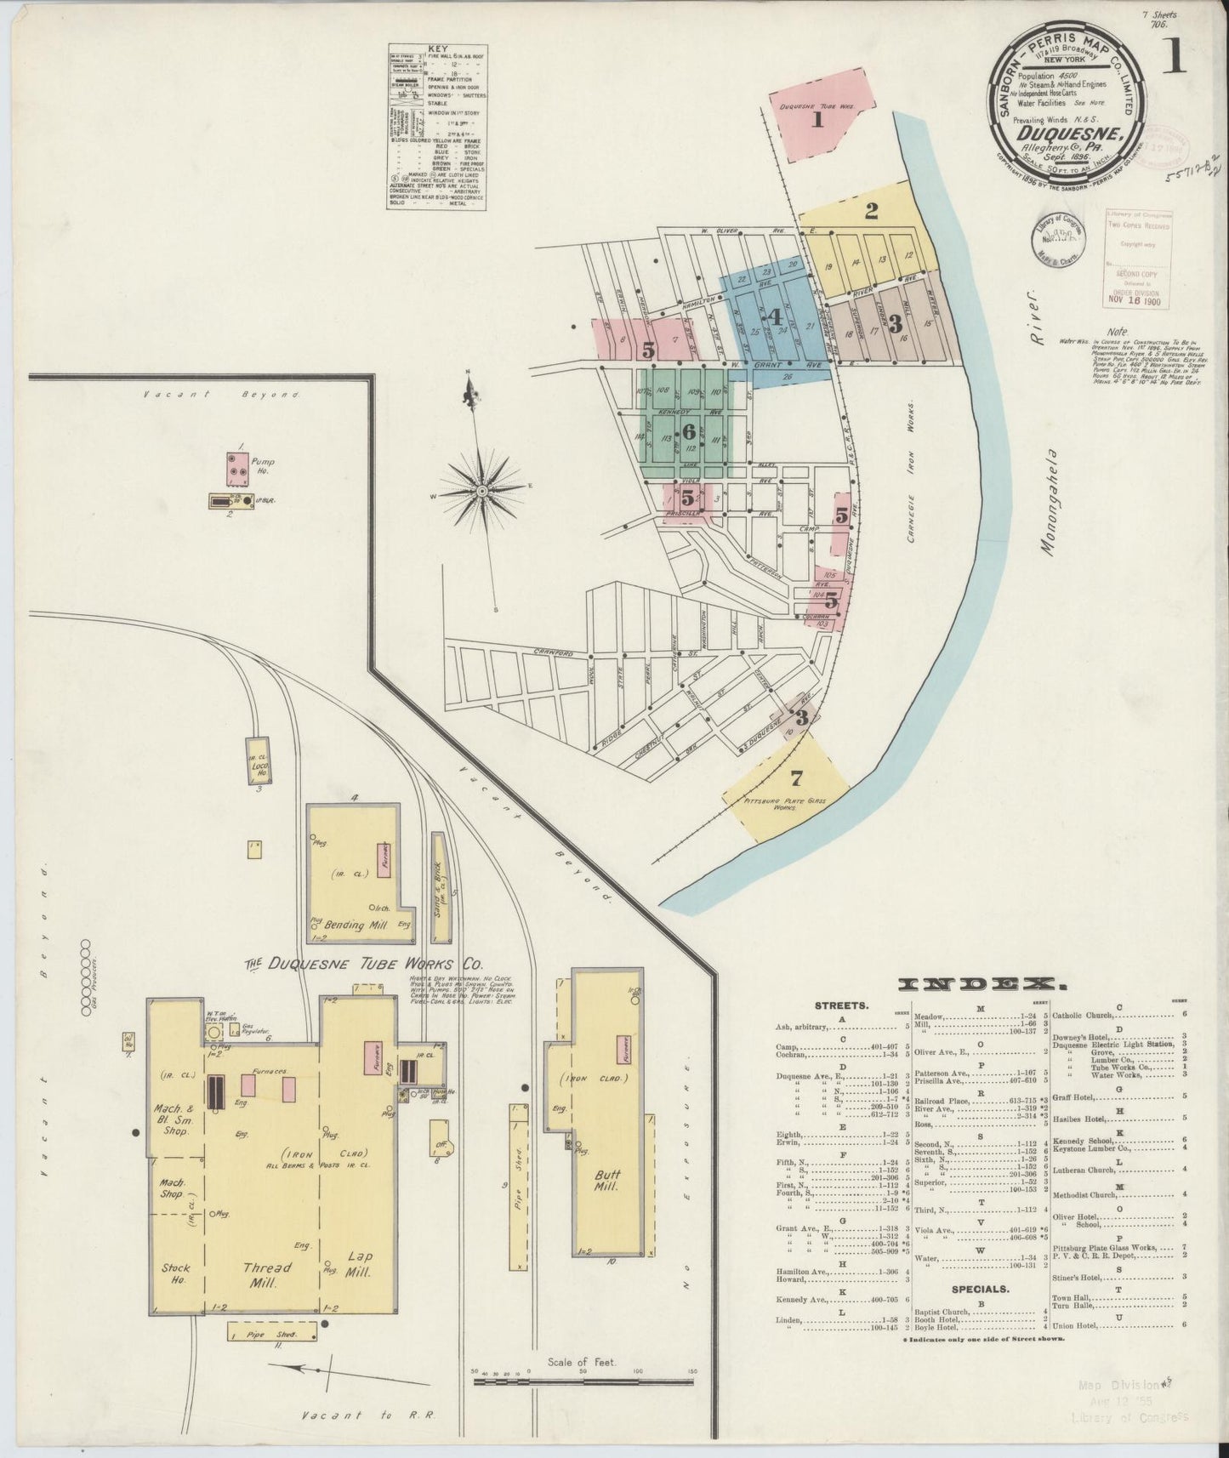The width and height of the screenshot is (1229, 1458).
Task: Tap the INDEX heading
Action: [982, 984]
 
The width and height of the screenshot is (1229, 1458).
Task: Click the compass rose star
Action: [481, 491]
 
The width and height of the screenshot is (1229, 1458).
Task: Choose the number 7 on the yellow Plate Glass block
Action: [796, 777]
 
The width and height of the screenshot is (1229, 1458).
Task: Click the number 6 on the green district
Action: [688, 431]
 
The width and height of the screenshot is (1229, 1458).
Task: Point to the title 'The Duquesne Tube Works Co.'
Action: [363, 964]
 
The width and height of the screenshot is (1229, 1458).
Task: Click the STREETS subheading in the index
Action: [841, 1005]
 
